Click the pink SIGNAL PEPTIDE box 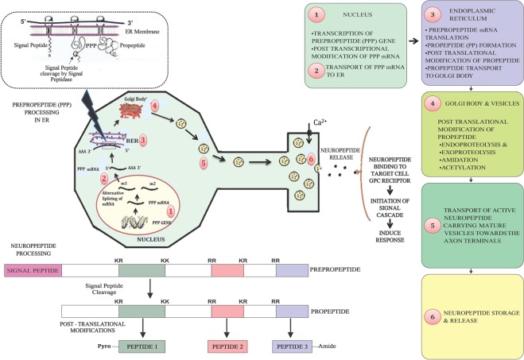click(x=33, y=270)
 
